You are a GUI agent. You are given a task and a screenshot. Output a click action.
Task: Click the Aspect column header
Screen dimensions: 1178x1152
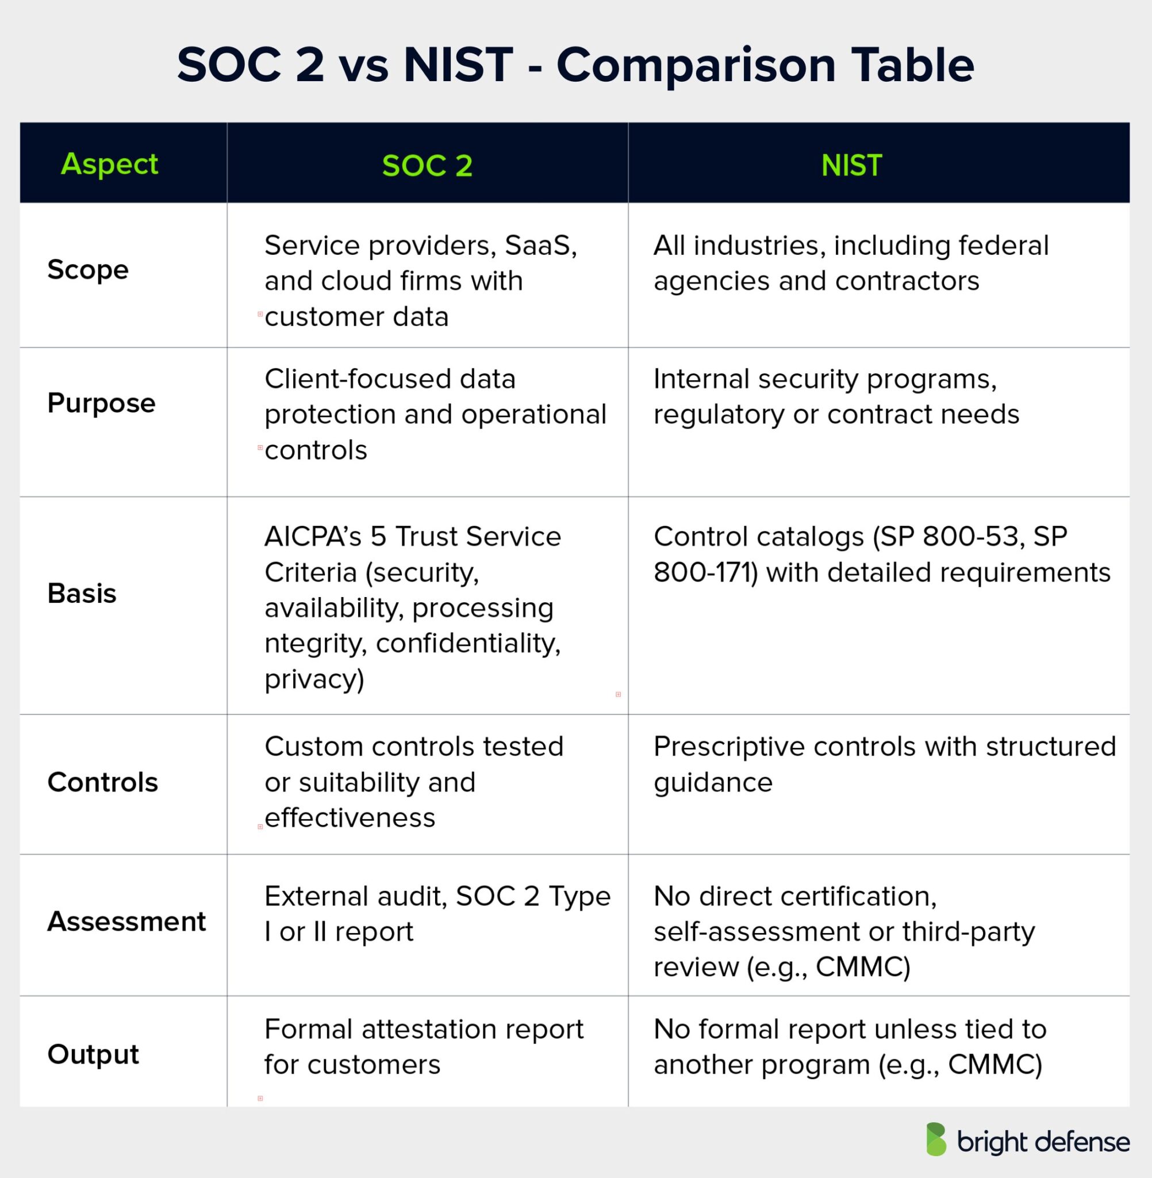coord(110,164)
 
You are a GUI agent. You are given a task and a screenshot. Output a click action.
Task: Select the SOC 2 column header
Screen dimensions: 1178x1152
coord(427,165)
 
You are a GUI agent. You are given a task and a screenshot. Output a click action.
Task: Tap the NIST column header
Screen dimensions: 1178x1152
coord(851,165)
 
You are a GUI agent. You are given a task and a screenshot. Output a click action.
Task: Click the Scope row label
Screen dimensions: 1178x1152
coord(88,269)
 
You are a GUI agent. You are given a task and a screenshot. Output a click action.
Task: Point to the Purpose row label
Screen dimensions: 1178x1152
coord(101,403)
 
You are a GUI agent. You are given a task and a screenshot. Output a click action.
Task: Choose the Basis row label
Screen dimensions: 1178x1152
coord(82,593)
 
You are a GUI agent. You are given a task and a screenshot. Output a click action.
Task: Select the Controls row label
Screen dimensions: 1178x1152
coord(102,782)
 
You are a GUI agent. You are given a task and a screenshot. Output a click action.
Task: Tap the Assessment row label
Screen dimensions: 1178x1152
coord(126,921)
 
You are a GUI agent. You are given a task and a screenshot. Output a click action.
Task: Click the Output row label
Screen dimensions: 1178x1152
coord(93,1054)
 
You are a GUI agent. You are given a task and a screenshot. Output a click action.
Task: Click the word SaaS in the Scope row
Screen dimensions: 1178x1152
coord(540,245)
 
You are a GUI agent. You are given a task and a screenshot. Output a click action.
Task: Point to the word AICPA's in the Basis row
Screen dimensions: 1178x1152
coord(313,536)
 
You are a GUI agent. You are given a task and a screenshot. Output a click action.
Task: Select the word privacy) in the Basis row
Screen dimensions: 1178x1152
coord(314,679)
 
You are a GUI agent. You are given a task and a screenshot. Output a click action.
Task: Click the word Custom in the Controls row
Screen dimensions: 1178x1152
coord(313,747)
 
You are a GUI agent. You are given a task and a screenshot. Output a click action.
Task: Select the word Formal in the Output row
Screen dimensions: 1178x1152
coord(309,1029)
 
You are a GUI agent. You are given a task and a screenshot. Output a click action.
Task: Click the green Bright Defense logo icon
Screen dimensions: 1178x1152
coord(936,1139)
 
